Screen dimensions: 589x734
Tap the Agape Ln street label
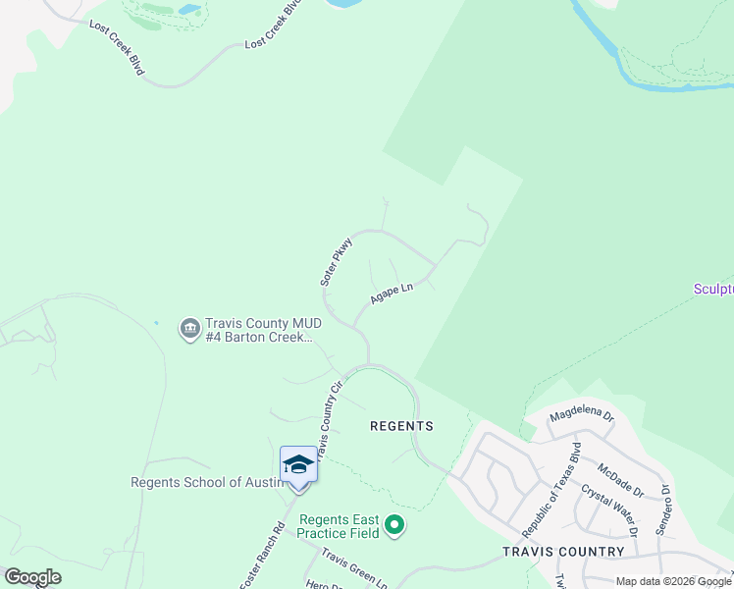[x=393, y=293]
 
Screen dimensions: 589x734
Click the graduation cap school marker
[x=298, y=464]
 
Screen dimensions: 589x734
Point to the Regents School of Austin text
[x=207, y=482]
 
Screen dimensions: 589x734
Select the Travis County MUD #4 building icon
[x=188, y=330]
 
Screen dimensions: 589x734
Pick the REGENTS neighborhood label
[x=401, y=426]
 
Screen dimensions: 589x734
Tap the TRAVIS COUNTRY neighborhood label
[x=563, y=551]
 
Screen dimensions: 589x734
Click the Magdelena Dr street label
[x=581, y=415]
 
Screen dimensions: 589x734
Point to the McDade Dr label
[x=618, y=480]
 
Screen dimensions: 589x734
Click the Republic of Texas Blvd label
[x=551, y=489]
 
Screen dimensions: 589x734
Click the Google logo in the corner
[x=33, y=577]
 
